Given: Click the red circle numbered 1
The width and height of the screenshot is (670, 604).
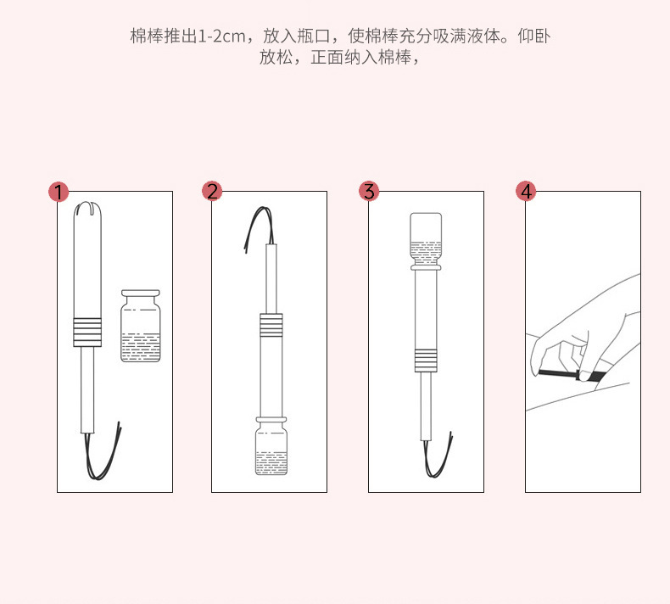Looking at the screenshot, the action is (x=59, y=192).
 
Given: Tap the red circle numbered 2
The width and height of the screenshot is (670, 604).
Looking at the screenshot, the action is (x=212, y=191).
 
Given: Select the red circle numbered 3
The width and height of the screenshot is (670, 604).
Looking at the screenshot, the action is (x=369, y=191).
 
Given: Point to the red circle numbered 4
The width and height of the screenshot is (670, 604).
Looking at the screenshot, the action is (x=526, y=191).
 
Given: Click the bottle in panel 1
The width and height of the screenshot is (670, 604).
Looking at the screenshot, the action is (x=141, y=326).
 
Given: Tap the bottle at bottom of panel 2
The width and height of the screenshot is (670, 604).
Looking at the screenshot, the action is (x=271, y=445).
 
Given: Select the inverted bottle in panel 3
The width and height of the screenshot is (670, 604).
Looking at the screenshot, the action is (x=426, y=242).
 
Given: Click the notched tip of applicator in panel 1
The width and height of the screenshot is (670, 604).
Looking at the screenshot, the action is (x=87, y=208).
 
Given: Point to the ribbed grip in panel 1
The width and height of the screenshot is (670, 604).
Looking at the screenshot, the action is (x=87, y=333).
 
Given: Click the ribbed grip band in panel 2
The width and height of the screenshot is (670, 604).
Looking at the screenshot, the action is (x=271, y=325).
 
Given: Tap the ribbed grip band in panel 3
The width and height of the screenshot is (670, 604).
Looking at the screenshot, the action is (x=426, y=361).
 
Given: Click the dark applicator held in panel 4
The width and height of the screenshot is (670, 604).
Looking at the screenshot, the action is (x=571, y=375).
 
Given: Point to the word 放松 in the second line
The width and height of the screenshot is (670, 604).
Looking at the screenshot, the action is (x=276, y=58).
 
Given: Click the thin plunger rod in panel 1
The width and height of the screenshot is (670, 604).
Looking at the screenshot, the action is (x=87, y=390).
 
